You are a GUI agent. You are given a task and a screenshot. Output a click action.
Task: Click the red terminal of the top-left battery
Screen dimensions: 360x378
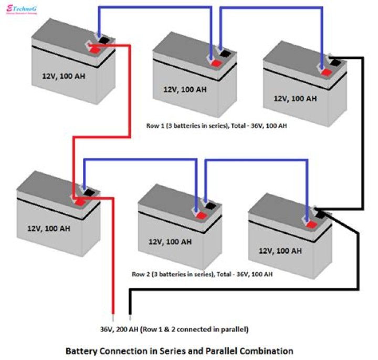point(94,50)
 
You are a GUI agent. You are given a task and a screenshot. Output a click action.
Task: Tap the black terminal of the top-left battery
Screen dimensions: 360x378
point(104,39)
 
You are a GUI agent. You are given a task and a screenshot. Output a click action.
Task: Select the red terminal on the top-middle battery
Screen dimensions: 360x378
point(215,63)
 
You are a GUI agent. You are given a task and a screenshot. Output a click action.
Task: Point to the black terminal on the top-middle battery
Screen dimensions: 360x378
point(225,53)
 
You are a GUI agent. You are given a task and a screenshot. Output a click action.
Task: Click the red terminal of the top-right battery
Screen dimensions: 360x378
point(326,71)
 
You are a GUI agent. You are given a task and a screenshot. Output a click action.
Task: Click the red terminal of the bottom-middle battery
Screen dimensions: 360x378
point(200,214)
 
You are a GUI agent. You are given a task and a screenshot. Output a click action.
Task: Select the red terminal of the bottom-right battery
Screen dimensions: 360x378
point(311,224)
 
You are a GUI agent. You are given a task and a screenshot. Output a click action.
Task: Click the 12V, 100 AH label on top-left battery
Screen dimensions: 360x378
point(64,76)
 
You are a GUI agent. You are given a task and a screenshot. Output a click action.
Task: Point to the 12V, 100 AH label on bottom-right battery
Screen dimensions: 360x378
point(280,251)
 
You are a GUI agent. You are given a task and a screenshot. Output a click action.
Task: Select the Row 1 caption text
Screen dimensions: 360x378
point(216,126)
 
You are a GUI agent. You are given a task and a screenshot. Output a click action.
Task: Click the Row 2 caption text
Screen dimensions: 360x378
point(202,274)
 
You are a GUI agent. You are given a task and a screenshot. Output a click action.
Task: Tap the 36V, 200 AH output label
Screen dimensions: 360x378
point(174,330)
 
